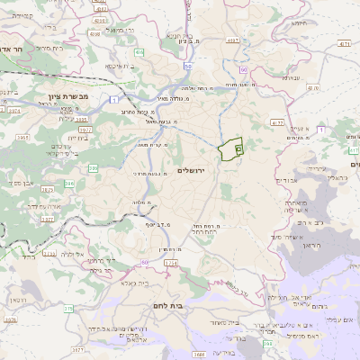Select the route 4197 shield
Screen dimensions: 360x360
[x=233, y=40]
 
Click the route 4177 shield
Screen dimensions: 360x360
[x=276, y=121]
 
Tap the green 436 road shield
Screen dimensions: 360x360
[x=139, y=52]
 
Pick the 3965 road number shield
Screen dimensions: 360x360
[x=22, y=138]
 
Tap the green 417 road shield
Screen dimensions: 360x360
[x=313, y=88]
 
